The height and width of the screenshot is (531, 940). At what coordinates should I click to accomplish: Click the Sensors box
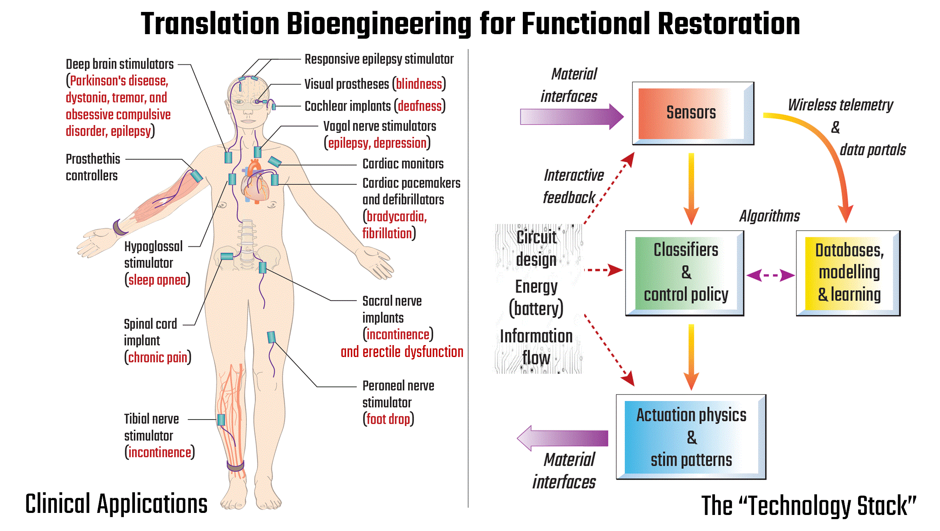(693, 113)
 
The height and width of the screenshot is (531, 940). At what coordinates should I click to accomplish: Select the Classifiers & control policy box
(685, 273)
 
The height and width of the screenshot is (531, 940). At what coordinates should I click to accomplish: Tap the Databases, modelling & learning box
(848, 273)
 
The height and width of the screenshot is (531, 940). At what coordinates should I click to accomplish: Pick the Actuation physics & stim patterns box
(691, 437)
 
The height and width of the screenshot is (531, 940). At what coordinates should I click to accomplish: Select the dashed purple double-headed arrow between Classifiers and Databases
(770, 275)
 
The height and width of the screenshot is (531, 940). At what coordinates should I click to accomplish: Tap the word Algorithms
(769, 216)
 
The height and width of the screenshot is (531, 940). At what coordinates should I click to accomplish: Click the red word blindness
(419, 84)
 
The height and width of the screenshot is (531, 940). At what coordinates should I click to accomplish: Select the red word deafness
(420, 106)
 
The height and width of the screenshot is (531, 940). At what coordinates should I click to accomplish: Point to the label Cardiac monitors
(403, 164)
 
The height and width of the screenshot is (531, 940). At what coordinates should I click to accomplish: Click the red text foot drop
(388, 419)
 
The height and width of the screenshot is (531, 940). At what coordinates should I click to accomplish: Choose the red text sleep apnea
(157, 280)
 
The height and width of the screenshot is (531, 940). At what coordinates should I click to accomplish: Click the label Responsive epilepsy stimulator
(379, 59)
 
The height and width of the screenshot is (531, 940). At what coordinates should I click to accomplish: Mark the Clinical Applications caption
(116, 504)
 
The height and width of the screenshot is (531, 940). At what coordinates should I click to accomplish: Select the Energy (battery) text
(536, 298)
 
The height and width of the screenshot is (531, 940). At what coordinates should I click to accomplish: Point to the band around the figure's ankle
(235, 466)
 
